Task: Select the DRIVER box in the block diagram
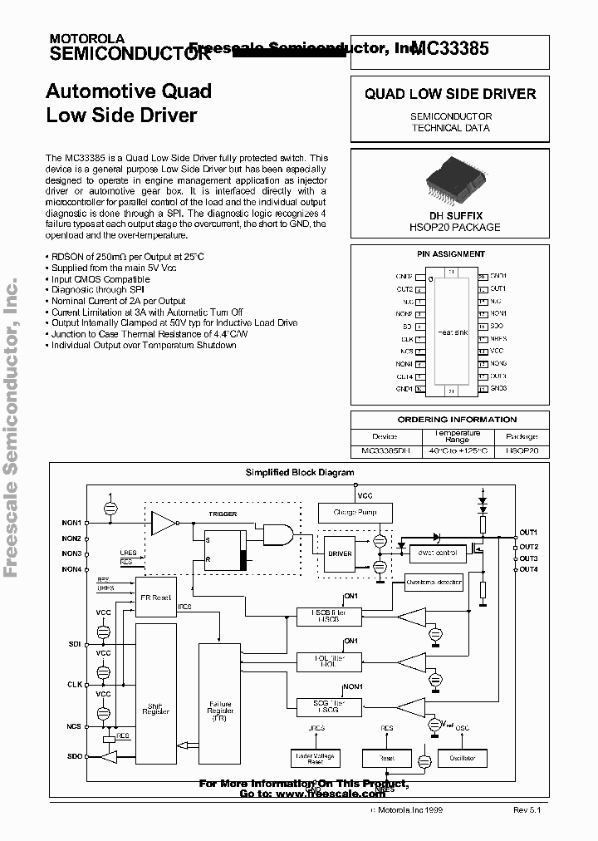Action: pyautogui.click(x=340, y=553)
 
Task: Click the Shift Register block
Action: pyautogui.click(x=155, y=706)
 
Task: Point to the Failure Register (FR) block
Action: pyautogui.click(x=220, y=706)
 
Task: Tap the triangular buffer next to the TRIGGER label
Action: pyautogui.click(x=164, y=523)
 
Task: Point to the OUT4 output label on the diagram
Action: pyautogui.click(x=528, y=569)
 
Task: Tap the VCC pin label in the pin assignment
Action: pyautogui.click(x=497, y=351)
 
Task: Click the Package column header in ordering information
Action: pyautogui.click(x=521, y=435)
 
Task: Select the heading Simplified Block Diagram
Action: pyautogui.click(x=299, y=472)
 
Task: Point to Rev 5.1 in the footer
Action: pyautogui.click(x=527, y=809)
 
